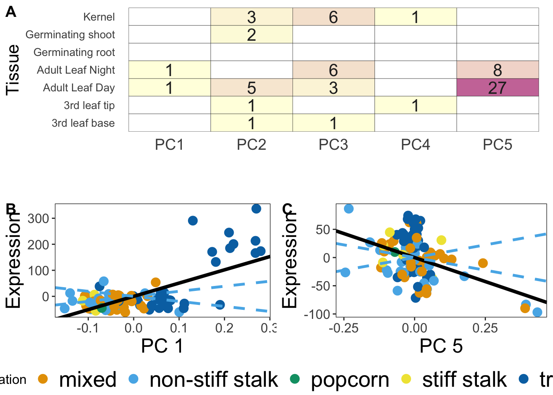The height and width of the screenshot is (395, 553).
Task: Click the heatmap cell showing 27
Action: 497,88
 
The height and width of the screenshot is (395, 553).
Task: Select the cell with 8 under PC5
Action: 497,70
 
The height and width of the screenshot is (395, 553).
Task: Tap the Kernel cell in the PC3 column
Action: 333,17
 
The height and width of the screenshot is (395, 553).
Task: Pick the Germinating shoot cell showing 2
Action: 251,35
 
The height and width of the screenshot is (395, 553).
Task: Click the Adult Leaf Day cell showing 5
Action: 251,88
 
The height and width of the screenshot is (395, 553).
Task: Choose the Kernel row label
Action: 99,17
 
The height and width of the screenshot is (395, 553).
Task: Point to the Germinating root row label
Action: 74,52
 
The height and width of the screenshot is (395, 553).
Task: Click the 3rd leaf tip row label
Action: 89,105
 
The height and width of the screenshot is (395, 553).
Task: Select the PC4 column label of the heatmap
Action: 415,145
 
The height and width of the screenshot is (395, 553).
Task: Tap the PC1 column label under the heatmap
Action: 170,145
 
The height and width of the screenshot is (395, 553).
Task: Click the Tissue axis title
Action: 13,70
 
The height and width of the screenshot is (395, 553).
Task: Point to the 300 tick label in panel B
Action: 38,218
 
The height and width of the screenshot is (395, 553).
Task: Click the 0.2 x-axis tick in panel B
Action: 224,328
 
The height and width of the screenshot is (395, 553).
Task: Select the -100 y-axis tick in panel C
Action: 317,314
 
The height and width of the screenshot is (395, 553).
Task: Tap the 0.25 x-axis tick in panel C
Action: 485,328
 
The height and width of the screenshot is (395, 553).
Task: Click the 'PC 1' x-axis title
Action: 162,346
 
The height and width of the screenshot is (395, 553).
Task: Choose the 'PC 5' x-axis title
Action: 441,346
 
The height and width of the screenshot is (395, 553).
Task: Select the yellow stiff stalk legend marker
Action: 406,379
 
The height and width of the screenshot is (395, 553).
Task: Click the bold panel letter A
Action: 11,12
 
